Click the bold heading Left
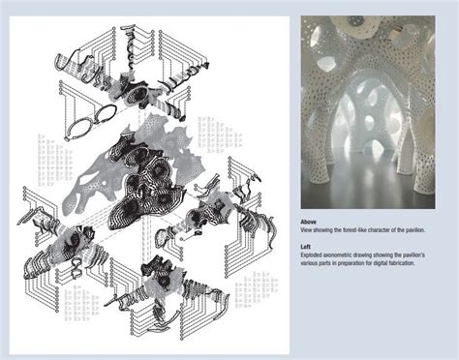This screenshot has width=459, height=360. (305, 245)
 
